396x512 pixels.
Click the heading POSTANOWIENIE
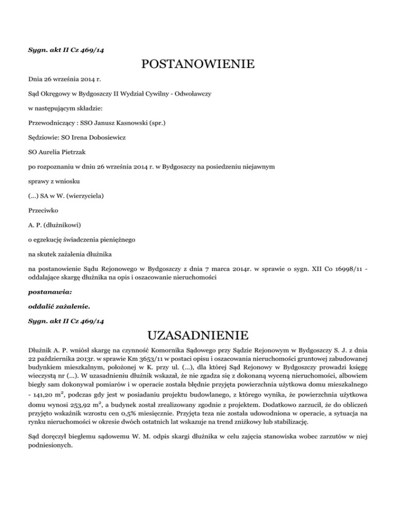pos(198,65)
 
